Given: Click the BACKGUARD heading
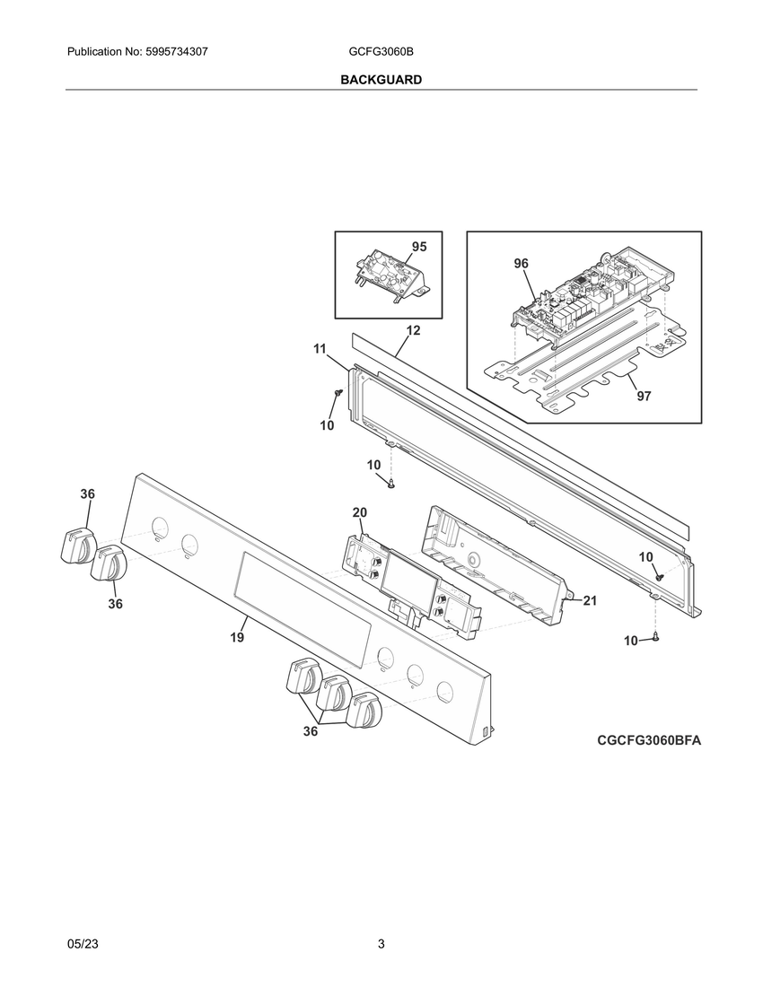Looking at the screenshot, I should click(x=381, y=80).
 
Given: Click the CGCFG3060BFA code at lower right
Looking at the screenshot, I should click(x=648, y=740).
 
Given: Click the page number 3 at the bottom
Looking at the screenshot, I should click(x=381, y=945).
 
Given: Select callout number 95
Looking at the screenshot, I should click(x=419, y=247).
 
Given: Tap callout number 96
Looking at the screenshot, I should click(x=521, y=263).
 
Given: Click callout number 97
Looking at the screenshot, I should click(x=644, y=396).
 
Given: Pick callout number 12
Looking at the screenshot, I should click(x=413, y=330).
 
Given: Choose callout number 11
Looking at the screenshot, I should click(x=320, y=348).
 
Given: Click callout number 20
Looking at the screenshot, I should click(x=359, y=512).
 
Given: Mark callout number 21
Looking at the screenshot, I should click(x=590, y=601).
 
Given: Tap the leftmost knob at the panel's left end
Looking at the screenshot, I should click(x=75, y=546).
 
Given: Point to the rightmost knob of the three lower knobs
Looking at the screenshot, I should click(x=364, y=712).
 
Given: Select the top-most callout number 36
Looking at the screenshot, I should click(x=87, y=494).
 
